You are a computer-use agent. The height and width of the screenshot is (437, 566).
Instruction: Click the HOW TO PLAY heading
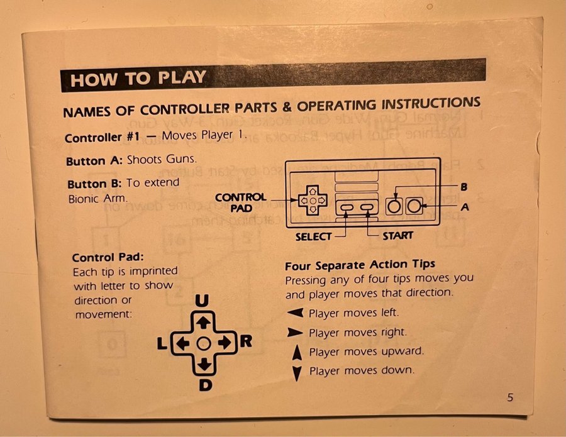[x=138, y=79]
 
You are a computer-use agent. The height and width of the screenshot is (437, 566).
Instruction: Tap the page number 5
[x=510, y=397]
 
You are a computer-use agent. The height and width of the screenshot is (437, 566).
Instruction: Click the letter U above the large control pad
[x=202, y=301]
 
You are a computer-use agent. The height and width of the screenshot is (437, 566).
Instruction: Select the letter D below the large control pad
[x=206, y=385]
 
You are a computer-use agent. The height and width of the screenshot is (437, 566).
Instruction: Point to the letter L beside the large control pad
[x=162, y=343]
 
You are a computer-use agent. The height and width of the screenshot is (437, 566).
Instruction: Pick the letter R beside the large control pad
[x=246, y=341]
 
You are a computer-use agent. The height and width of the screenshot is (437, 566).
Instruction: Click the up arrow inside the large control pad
[x=203, y=322]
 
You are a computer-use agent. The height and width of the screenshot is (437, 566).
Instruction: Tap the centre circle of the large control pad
[x=204, y=343]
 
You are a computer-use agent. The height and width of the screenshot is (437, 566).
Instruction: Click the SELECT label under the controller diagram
[x=313, y=236]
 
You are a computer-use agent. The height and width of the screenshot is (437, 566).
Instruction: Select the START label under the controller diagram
[x=398, y=236]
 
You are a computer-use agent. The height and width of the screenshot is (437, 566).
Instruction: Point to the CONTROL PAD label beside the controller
[x=241, y=202]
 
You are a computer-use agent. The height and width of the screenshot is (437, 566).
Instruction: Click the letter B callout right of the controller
[x=464, y=187]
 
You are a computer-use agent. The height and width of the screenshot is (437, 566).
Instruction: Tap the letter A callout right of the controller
[x=465, y=207]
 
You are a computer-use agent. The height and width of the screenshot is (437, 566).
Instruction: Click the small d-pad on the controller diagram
[x=313, y=200]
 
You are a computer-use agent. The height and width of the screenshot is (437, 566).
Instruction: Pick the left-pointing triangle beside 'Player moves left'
[x=296, y=313]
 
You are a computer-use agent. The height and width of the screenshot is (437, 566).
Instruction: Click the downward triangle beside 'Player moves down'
[x=297, y=373]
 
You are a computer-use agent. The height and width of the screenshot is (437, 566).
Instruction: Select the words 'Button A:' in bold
[x=94, y=160]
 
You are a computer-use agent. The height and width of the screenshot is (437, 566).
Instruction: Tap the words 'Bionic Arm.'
[x=98, y=199]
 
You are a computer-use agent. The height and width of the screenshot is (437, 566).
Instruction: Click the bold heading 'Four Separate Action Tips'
[x=360, y=265]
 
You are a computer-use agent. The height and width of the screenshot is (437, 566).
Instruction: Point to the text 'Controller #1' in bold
[x=102, y=137]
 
